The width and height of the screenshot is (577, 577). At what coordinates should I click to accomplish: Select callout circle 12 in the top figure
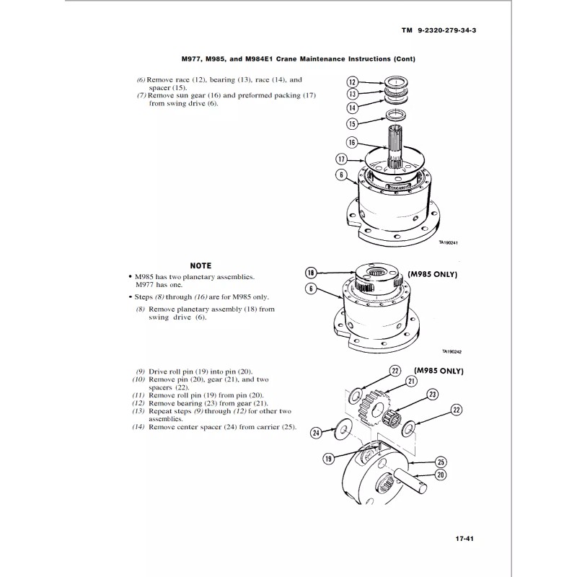pyautogui.click(x=353, y=82)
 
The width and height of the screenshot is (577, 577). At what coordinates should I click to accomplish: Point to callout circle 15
pyautogui.click(x=353, y=123)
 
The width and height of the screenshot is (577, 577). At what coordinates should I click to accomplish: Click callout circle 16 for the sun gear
pyautogui.click(x=353, y=142)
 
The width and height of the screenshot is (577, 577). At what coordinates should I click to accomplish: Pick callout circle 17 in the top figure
pyautogui.click(x=342, y=159)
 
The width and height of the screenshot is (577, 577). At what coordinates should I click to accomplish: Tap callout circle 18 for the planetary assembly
pyautogui.click(x=310, y=273)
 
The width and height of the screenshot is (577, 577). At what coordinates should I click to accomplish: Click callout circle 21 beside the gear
pyautogui.click(x=412, y=381)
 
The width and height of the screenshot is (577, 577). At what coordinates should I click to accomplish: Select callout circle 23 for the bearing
pyautogui.click(x=433, y=394)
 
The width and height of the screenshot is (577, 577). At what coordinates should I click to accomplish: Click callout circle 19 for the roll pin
pyautogui.click(x=328, y=458)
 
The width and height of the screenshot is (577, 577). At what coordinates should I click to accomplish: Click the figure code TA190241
pyautogui.click(x=449, y=243)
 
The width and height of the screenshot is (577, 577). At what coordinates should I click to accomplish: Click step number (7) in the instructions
pyautogui.click(x=141, y=95)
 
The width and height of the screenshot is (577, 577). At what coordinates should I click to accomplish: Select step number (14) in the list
pyautogui.click(x=138, y=427)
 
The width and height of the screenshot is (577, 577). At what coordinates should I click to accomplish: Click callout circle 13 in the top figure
pyautogui.click(x=353, y=94)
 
